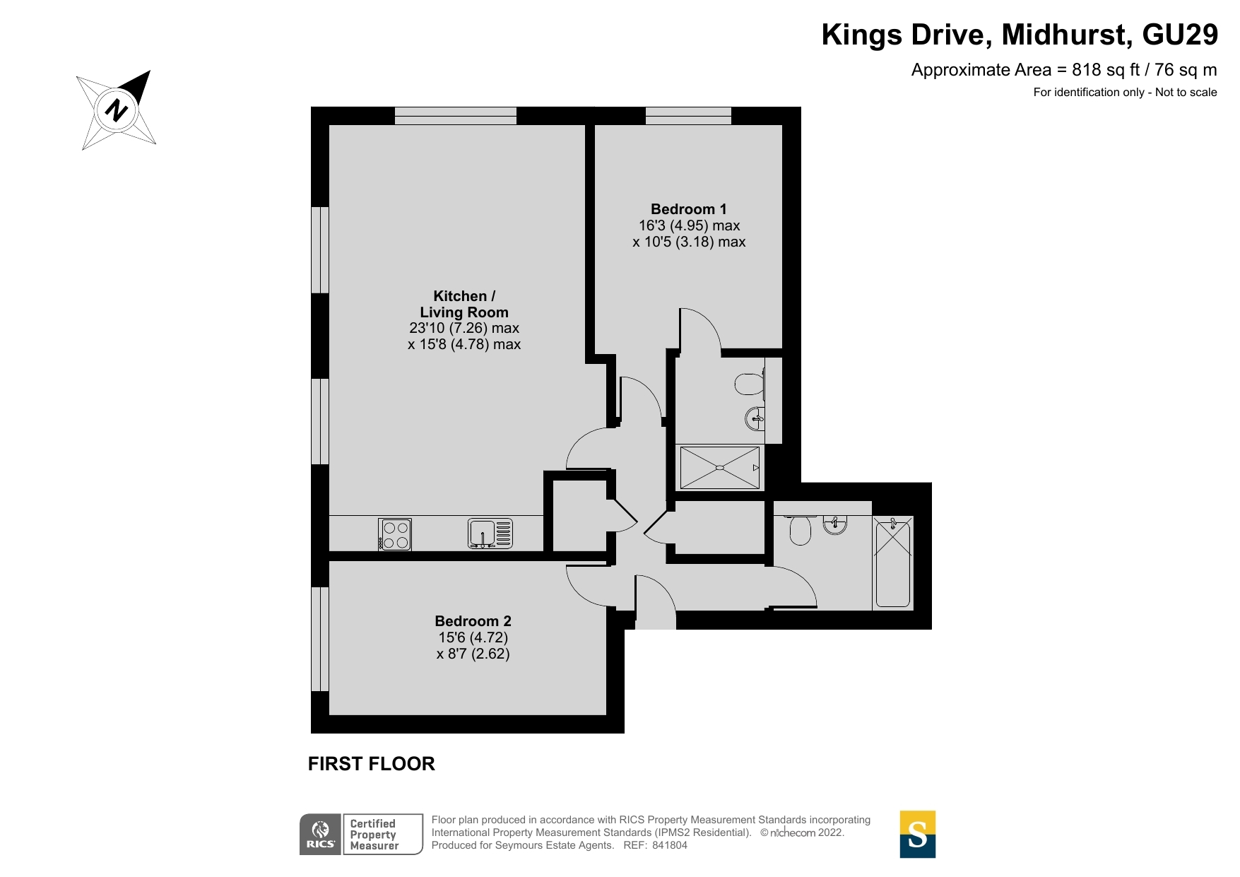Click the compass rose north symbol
point(117,110)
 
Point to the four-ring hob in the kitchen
point(395,534)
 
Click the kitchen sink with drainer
point(490,534)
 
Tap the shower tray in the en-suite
point(719,467)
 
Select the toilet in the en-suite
point(749,384)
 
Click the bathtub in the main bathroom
point(893,562)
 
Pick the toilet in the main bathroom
point(799,530)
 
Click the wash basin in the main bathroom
point(835,524)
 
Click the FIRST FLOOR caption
point(372,764)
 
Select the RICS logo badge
point(321,835)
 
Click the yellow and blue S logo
point(917,835)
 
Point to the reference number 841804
point(670,845)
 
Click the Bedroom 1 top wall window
point(688,116)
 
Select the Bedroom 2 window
point(320,639)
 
